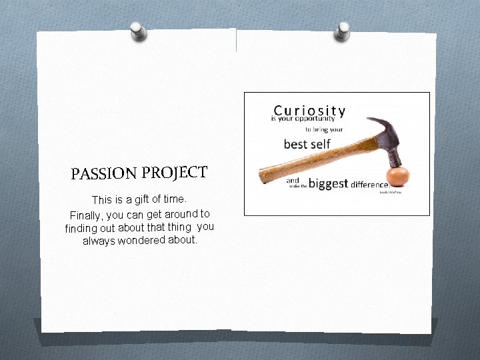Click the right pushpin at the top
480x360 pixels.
tap(343, 30)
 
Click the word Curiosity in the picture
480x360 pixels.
tap(309, 111)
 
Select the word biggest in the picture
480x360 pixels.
tap(328, 183)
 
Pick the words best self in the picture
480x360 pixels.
tap(307, 144)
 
